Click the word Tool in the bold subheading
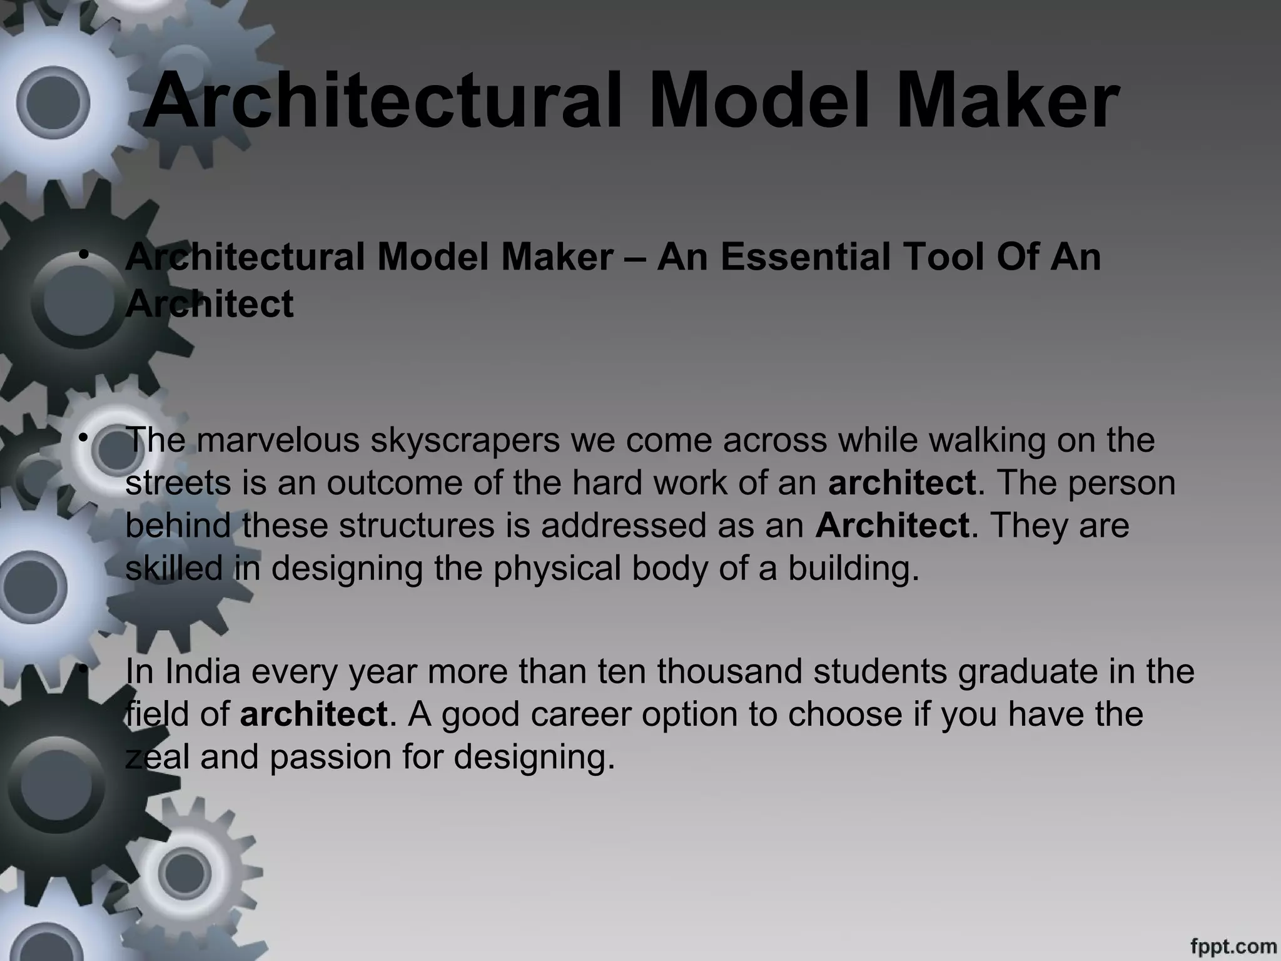[936, 257]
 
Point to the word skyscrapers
[465, 440]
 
